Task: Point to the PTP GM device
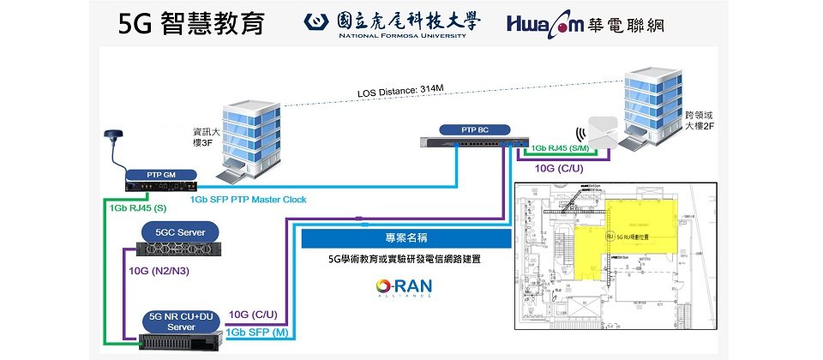point(162,181)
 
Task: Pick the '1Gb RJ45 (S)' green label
point(138,208)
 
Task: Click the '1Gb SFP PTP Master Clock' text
point(248,200)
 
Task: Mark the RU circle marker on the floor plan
point(610,235)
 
